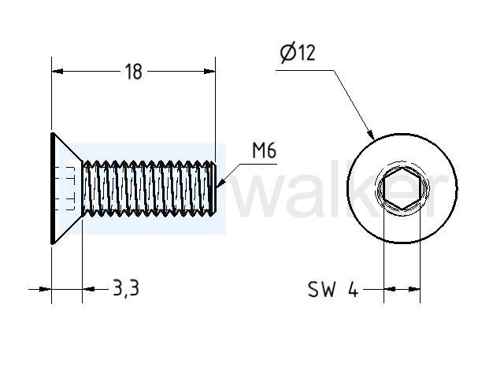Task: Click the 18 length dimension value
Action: coord(133,72)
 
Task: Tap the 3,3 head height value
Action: coord(126,287)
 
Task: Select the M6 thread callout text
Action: coord(264,150)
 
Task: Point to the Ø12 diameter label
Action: coord(298,53)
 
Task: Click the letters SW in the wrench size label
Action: coord(321,289)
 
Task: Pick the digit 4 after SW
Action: coord(353,289)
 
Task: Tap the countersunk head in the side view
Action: coord(66,188)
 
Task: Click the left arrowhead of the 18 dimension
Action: coord(57,72)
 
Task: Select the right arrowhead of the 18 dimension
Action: coord(209,72)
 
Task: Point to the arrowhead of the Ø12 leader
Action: coord(371,135)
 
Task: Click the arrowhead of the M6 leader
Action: coord(220,183)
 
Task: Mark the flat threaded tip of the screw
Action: coord(213,188)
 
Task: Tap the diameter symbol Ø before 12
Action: coord(287,54)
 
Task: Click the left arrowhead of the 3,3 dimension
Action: coord(46,289)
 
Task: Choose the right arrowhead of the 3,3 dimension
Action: coord(88,289)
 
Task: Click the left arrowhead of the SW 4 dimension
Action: coord(390,289)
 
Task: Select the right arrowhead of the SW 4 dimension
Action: coord(414,289)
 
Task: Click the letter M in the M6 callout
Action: coord(258,150)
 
